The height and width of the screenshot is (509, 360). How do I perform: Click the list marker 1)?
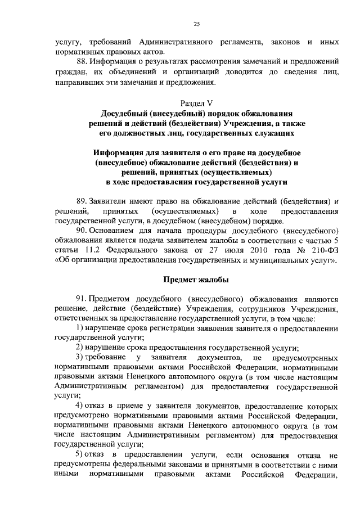pos(80,327)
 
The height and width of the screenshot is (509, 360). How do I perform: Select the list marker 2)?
pos(80,348)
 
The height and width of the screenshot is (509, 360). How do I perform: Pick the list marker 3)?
pos(80,358)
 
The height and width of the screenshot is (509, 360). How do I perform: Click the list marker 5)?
pos(80,454)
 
